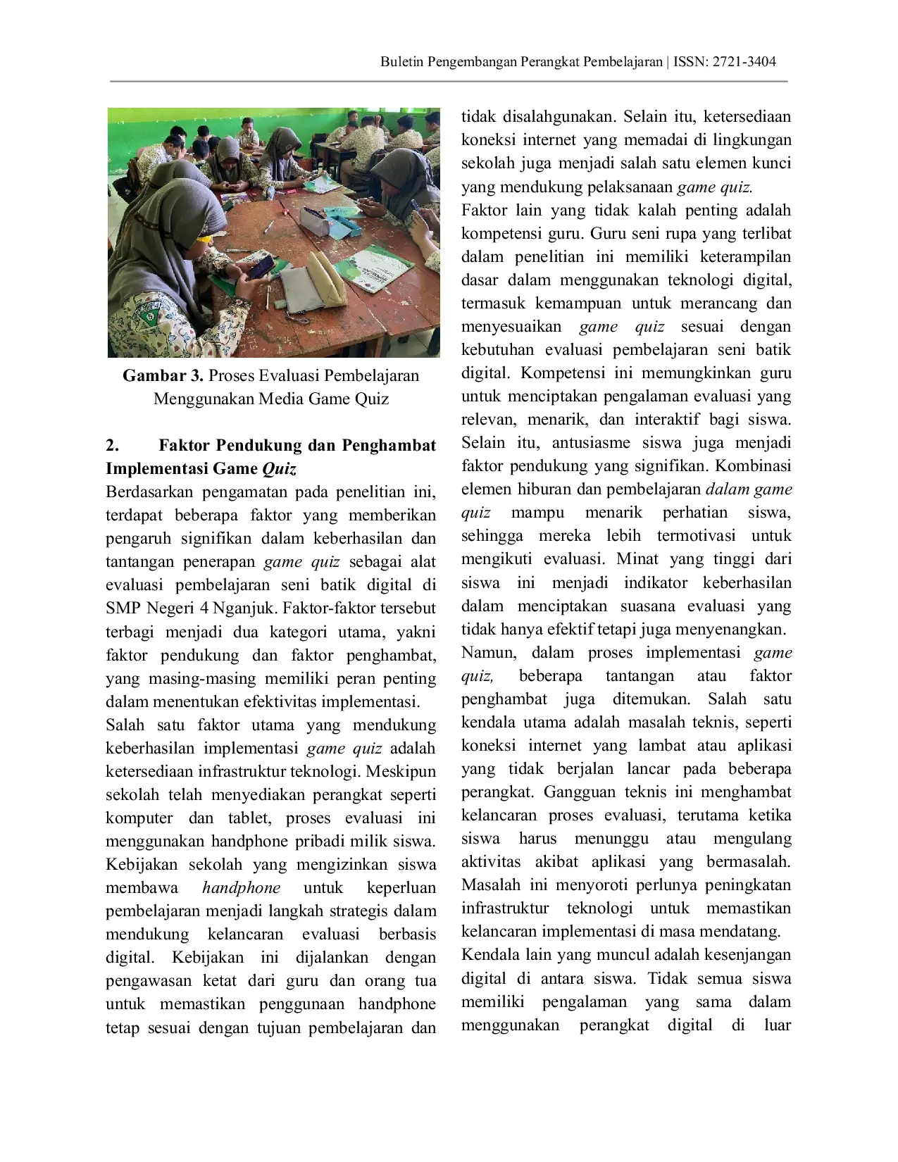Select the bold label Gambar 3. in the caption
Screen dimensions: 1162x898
pyautogui.click(x=163, y=375)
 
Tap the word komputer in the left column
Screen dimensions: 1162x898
pyautogui.click(x=139, y=818)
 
